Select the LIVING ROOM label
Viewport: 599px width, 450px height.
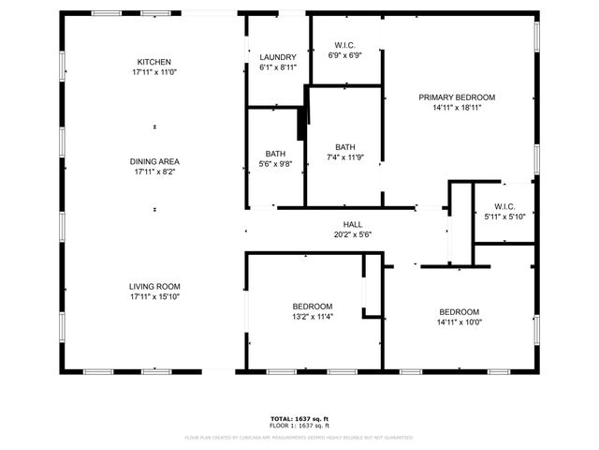click(155, 286)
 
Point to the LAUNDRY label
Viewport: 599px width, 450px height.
click(277, 57)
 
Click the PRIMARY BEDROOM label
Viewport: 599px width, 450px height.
click(457, 97)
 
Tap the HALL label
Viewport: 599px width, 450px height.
click(352, 224)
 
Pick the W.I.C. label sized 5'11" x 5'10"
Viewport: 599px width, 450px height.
click(505, 206)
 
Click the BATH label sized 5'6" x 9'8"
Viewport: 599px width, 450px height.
click(275, 154)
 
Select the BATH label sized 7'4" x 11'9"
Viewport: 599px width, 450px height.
click(345, 147)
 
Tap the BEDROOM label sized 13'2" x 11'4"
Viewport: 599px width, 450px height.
click(313, 307)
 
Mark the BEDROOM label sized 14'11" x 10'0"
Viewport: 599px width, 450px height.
click(460, 312)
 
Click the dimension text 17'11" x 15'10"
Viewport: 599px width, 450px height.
click(155, 297)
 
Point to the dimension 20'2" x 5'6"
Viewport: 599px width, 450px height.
click(352, 234)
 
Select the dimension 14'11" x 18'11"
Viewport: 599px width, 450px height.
click(457, 107)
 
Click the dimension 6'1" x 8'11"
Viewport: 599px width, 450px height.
click(277, 67)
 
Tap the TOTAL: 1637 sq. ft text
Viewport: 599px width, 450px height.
click(299, 418)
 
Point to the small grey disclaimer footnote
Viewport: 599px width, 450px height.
click(299, 437)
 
